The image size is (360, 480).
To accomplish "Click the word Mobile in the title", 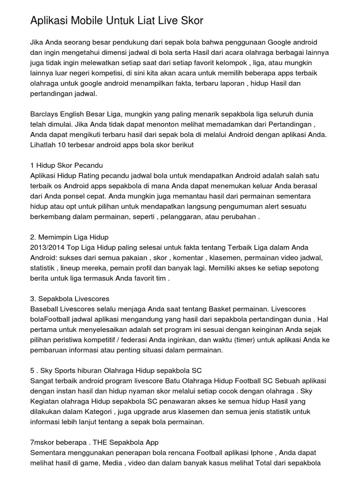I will coord(85,21).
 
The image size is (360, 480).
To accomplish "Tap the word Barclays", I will coord(45,114).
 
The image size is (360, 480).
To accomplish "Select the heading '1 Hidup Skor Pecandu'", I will coord(66,165).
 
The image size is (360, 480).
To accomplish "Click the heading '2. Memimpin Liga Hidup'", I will coord(69,237).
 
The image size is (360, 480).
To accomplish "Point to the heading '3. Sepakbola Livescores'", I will coord(69,299).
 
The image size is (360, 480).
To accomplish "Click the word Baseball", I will coord(46,309).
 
